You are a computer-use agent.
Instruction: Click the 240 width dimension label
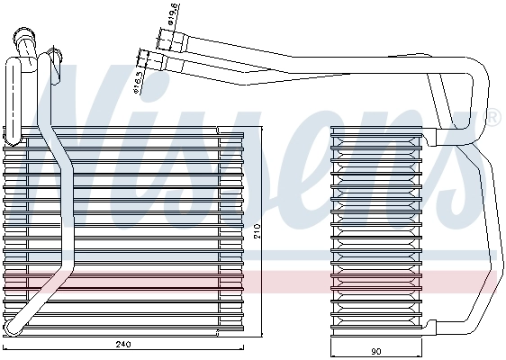123,345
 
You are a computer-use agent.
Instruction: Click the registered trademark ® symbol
492,116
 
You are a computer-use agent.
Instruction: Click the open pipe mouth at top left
23,36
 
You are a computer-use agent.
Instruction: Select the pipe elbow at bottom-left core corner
14,325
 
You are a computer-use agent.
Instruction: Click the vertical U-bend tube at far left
11,99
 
